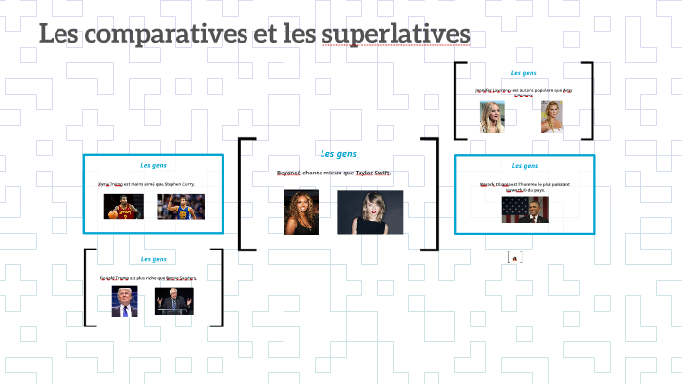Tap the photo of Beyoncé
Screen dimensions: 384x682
(x=301, y=211)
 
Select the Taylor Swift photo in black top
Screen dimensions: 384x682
(x=370, y=211)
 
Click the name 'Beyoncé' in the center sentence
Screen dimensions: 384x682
(x=289, y=173)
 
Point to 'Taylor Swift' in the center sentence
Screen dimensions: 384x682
(x=372, y=173)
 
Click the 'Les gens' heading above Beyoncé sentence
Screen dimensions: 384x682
(x=338, y=154)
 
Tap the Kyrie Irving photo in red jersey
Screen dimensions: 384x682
(x=124, y=206)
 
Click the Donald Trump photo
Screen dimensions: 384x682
(x=124, y=301)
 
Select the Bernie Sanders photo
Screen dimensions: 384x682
(x=174, y=301)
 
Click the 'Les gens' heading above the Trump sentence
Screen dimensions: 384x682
(x=153, y=259)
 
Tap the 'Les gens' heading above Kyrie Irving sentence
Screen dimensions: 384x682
(x=153, y=165)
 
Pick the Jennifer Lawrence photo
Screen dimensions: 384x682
(x=492, y=117)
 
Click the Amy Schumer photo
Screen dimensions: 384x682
(x=552, y=117)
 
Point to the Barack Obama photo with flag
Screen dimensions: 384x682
(x=524, y=210)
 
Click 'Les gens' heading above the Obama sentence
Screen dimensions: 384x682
(x=524, y=166)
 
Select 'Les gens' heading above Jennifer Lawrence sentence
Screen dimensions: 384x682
(x=524, y=73)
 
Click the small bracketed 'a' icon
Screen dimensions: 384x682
(x=514, y=258)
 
